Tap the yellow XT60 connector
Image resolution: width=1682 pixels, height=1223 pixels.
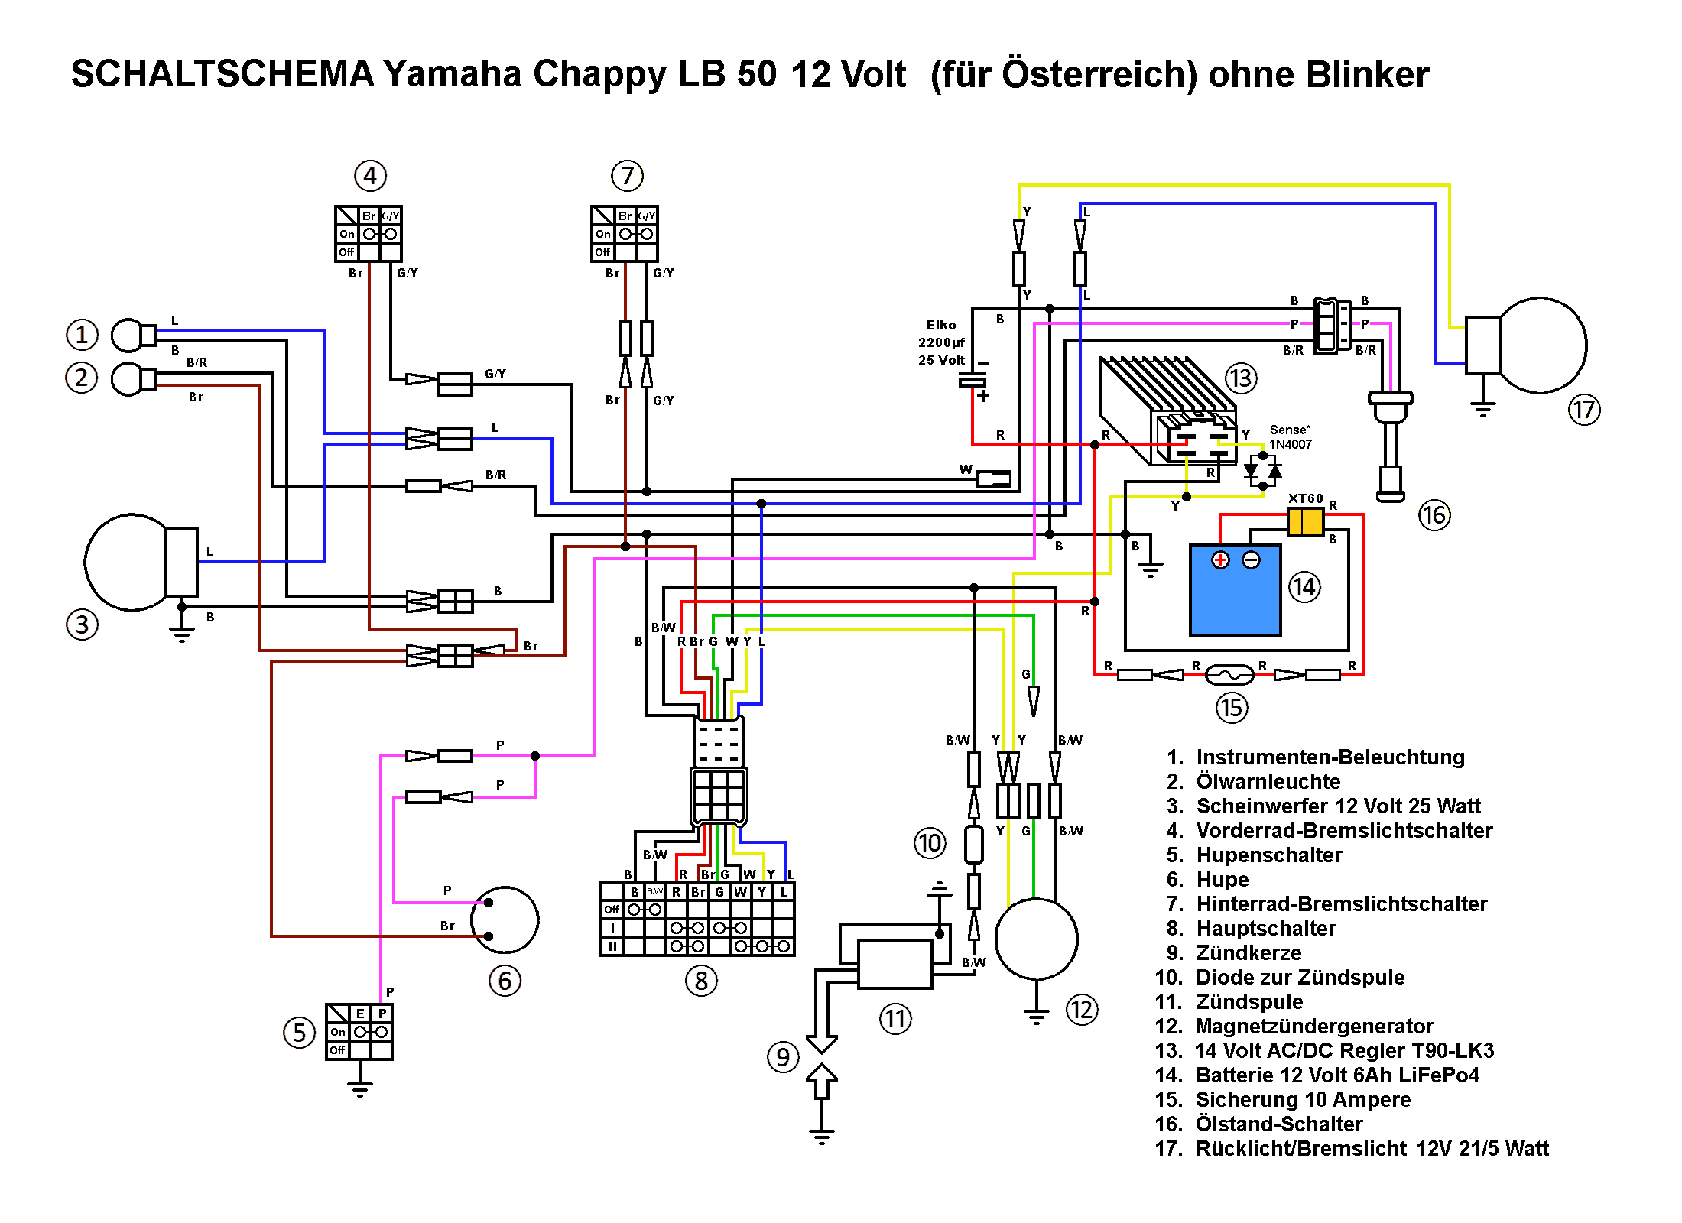(1305, 522)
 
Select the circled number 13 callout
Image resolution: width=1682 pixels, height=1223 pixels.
(1241, 378)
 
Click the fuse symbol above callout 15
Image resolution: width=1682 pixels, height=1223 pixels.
(1229, 674)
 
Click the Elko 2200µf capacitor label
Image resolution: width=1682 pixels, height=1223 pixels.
(941, 342)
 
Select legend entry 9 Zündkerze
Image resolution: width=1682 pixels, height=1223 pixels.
(1248, 952)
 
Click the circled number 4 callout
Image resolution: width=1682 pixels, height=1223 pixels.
(370, 176)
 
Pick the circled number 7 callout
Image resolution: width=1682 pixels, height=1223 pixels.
(627, 176)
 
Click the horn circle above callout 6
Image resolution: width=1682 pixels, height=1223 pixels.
(505, 920)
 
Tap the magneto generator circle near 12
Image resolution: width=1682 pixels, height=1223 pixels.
(1036, 939)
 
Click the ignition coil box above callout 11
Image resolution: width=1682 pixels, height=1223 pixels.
(895, 964)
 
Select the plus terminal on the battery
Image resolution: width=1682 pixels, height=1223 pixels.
(1220, 560)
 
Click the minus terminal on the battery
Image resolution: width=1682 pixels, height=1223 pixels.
(1251, 560)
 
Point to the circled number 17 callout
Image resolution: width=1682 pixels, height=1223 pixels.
(1584, 410)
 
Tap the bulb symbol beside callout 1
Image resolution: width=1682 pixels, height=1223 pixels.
(129, 335)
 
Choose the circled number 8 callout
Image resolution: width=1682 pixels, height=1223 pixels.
(701, 980)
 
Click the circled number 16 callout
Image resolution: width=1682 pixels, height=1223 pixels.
(1434, 515)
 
